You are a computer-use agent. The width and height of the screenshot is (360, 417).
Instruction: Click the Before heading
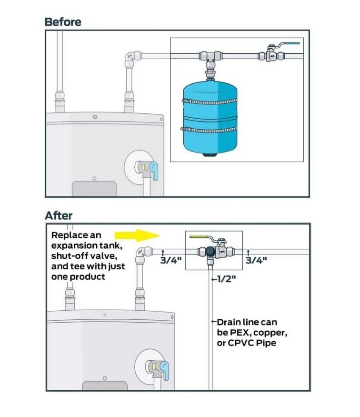(63, 22)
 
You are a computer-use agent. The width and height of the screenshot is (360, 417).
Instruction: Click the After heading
(59, 215)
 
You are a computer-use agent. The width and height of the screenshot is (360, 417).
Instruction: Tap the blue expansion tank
(210, 118)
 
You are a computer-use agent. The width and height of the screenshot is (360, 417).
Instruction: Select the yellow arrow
(137, 235)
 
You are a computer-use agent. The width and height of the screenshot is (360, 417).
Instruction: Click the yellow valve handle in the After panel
(199, 236)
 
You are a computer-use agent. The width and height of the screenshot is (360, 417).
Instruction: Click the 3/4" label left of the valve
(171, 260)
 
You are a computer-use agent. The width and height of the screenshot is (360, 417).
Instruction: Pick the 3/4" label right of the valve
(256, 260)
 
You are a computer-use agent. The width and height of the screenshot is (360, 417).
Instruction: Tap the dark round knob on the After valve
(210, 251)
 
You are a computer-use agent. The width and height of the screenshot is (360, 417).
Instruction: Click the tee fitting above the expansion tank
(210, 57)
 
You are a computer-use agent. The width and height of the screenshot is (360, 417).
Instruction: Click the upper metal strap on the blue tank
(210, 102)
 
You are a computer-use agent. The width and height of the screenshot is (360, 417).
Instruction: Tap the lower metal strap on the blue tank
(209, 130)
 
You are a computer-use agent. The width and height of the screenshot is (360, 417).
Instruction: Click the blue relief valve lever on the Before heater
(154, 171)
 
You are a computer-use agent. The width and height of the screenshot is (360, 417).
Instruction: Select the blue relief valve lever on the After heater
(165, 370)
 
